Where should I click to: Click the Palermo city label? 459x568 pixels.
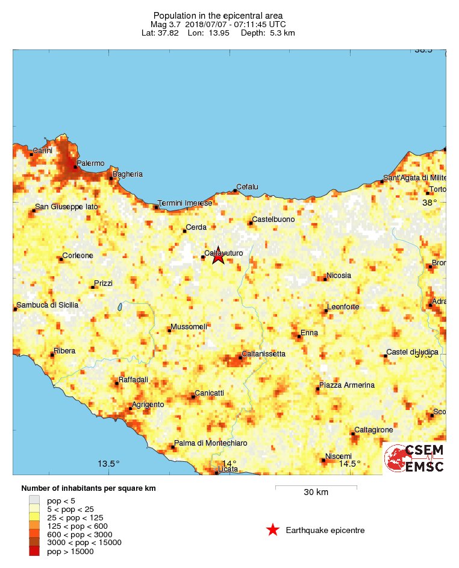pyautogui.click(x=91, y=163)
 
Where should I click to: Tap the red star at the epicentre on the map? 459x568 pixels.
pyautogui.click(x=218, y=256)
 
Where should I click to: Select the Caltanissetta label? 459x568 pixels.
pyautogui.click(x=264, y=354)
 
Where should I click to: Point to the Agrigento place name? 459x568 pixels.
pyautogui.click(x=148, y=404)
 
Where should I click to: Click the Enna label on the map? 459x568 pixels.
pyautogui.click(x=309, y=332)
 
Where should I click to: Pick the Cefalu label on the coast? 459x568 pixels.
pyautogui.click(x=247, y=187)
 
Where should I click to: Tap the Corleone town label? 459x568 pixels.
pyautogui.click(x=78, y=256)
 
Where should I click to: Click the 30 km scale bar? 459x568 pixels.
pyautogui.click(x=316, y=487)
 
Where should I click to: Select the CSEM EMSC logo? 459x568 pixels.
pyautogui.click(x=415, y=458)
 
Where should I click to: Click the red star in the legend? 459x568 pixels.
pyautogui.click(x=273, y=531)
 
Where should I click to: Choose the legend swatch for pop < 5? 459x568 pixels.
pyautogui.click(x=35, y=500)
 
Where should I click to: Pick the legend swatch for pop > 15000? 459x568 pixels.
pyautogui.click(x=35, y=551)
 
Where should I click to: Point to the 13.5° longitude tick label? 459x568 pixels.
pyautogui.click(x=109, y=464)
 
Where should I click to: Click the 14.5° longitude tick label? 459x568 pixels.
pyautogui.click(x=349, y=464)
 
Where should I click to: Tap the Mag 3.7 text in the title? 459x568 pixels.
pyautogui.click(x=166, y=24)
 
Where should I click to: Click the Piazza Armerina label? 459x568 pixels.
pyautogui.click(x=347, y=385)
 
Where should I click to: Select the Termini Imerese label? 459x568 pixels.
pyautogui.click(x=185, y=203)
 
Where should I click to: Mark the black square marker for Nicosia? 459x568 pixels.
pyautogui.click(x=323, y=279)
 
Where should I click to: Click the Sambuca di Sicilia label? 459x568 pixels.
pyautogui.click(x=48, y=305)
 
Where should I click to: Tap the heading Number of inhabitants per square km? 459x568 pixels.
pyautogui.click(x=89, y=488)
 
